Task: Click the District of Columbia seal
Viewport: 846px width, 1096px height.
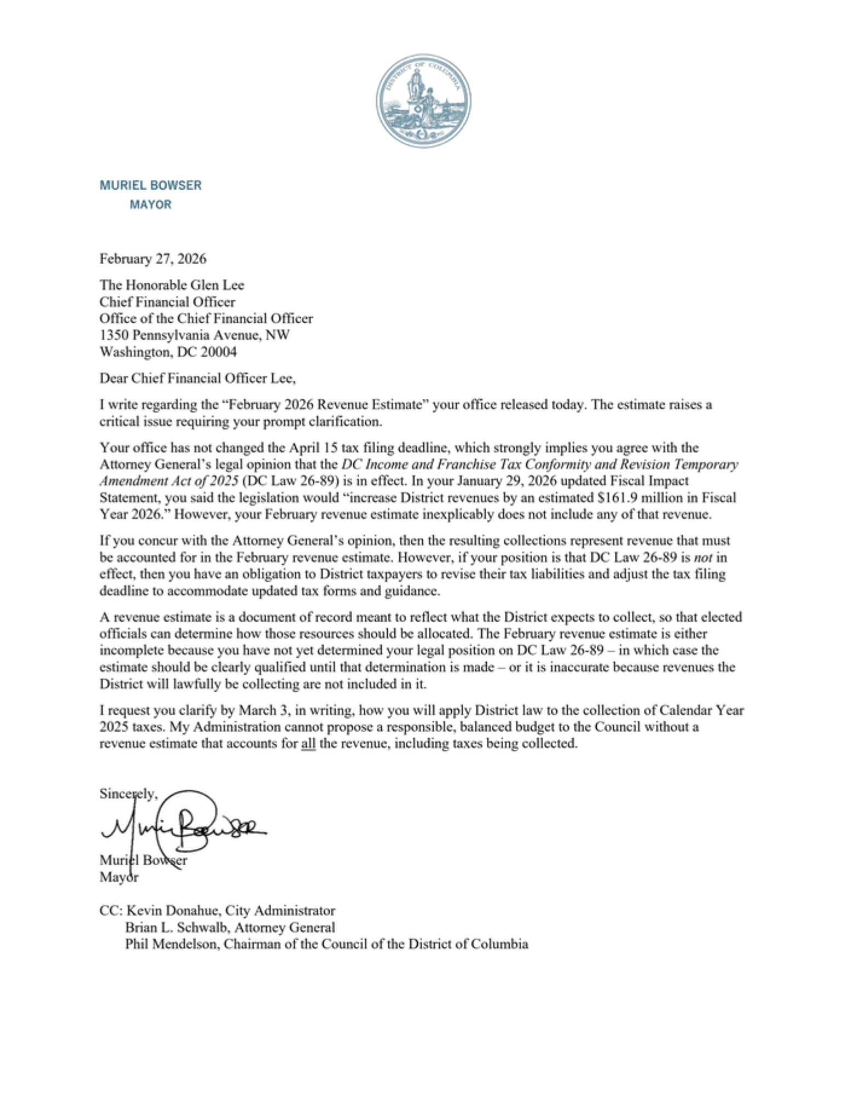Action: click(x=423, y=101)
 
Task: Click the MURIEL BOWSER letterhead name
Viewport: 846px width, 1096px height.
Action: click(x=151, y=185)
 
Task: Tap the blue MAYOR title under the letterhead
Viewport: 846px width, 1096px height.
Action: click(x=151, y=204)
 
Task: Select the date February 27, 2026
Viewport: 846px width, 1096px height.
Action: click(x=153, y=259)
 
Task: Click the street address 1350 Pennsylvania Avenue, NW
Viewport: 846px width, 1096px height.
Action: click(x=194, y=335)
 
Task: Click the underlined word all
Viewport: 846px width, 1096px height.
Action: click(x=308, y=744)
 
